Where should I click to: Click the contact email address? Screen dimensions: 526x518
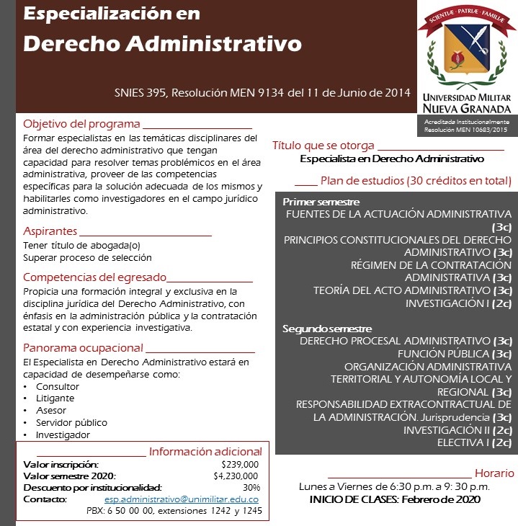pyautogui.click(x=181, y=479)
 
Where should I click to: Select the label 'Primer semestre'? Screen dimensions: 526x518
pyautogui.click(x=321, y=202)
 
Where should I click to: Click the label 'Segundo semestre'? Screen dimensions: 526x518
pyautogui.click(x=326, y=328)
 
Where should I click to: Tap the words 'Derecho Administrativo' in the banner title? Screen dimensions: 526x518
pyautogui.click(x=162, y=43)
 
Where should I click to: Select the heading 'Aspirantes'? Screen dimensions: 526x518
pyautogui.click(x=50, y=231)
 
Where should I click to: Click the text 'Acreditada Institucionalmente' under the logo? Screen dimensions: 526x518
pyautogui.click(x=466, y=122)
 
